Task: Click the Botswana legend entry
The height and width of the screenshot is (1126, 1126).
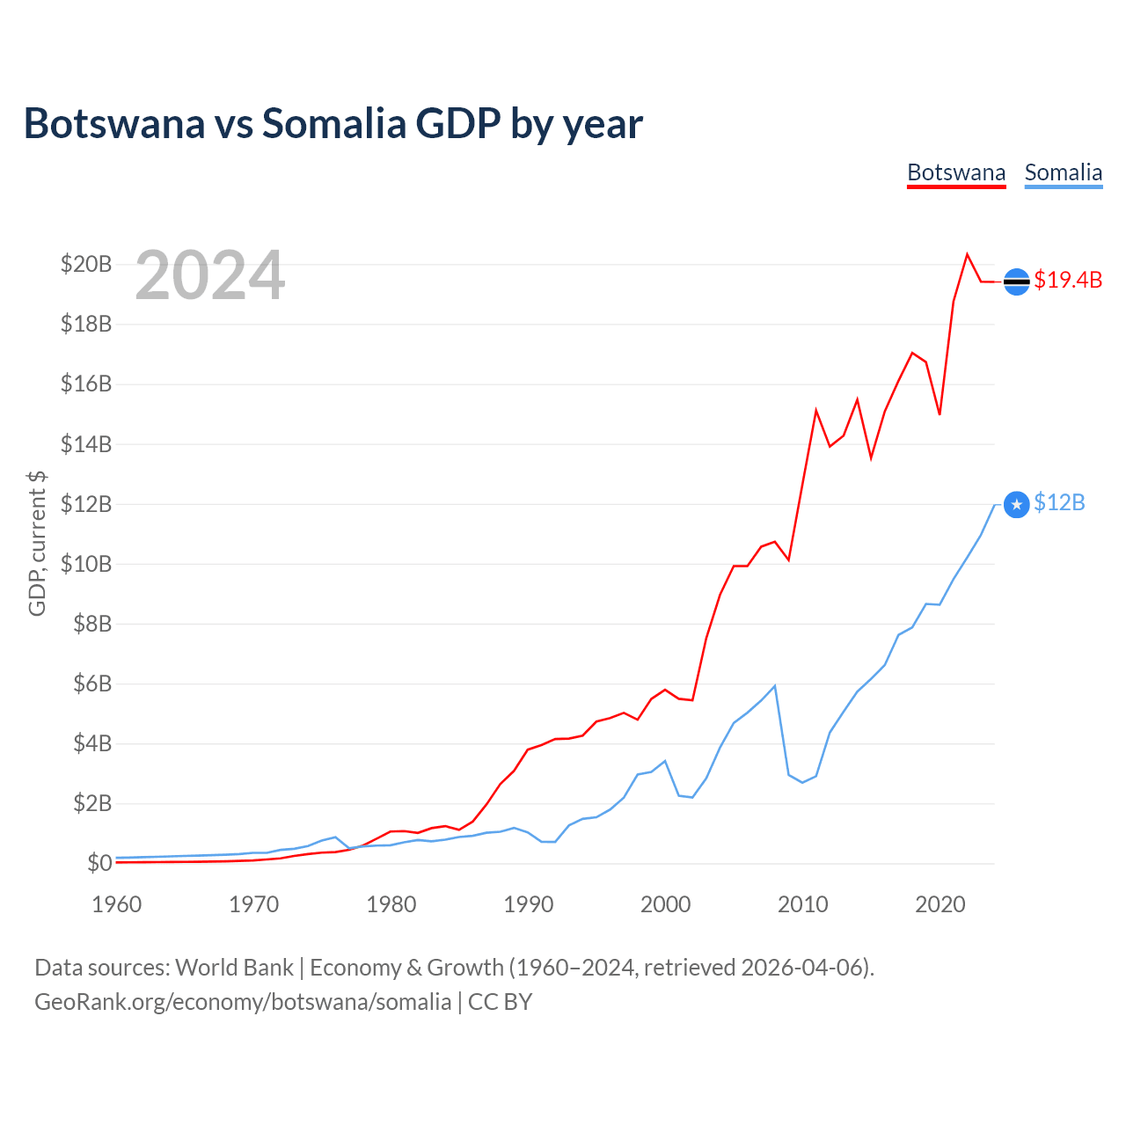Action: (x=956, y=172)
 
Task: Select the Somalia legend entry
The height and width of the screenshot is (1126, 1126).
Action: (x=1063, y=172)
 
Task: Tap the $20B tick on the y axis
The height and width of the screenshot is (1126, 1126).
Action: (x=86, y=264)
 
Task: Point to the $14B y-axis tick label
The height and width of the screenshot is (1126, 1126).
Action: (x=86, y=444)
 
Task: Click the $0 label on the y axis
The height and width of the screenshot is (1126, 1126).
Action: (x=99, y=863)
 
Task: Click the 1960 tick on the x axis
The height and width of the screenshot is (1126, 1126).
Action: (x=117, y=904)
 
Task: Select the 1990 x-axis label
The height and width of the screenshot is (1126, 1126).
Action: (x=529, y=904)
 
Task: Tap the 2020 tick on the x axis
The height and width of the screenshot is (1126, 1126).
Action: (x=940, y=904)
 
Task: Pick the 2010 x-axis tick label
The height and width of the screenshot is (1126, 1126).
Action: (x=803, y=904)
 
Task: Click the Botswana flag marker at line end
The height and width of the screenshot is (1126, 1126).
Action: (x=1017, y=281)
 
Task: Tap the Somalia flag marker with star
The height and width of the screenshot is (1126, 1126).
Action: (x=1017, y=504)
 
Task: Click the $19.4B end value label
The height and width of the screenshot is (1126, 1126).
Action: (x=1068, y=280)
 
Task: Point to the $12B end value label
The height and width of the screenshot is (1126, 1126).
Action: (x=1059, y=502)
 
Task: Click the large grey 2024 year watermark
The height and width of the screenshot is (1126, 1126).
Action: (x=209, y=276)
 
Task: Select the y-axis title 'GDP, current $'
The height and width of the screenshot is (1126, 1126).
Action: (x=37, y=543)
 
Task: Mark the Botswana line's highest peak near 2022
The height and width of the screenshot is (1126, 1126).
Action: (x=967, y=254)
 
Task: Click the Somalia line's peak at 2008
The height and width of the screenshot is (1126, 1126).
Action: (x=774, y=685)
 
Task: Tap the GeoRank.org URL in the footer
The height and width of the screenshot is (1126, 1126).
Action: (x=242, y=1002)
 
